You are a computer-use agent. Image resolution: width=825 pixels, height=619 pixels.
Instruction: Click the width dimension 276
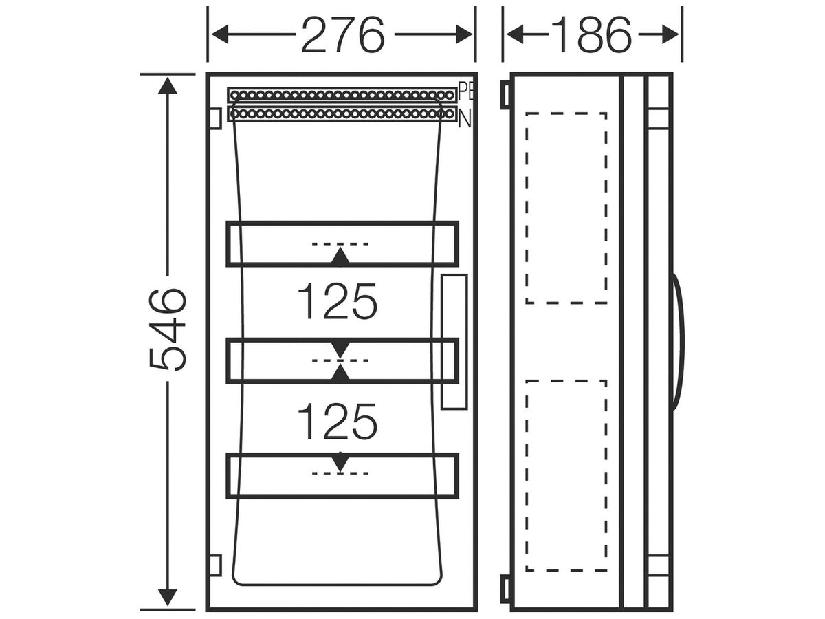tap(343, 34)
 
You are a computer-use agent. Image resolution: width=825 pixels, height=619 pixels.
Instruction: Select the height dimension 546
tap(168, 330)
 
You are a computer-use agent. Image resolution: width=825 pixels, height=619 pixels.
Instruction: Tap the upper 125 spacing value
tap(337, 301)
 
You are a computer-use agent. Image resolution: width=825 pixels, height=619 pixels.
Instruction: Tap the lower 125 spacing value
tap(337, 422)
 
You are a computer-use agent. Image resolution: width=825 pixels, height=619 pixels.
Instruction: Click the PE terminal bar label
tap(465, 92)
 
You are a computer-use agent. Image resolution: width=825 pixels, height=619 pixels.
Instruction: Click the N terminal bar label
tap(465, 118)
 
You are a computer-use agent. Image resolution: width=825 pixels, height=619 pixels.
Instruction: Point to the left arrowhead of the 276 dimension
tap(220, 34)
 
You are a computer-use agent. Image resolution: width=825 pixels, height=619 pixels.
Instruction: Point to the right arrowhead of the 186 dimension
tap(670, 34)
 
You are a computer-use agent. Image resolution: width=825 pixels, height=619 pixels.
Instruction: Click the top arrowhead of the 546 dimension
tap(168, 85)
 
